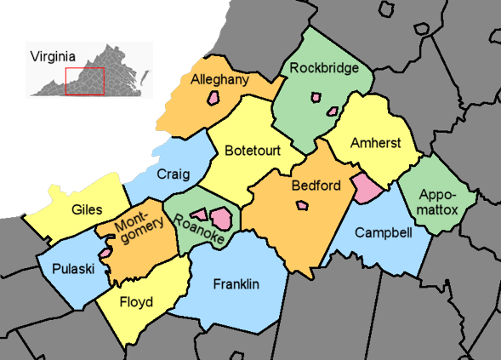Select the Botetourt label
coord(253,151)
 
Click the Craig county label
coord(174,174)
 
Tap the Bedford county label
coord(316,186)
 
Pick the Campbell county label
coord(383,232)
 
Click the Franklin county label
coord(236,284)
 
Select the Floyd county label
coord(136,302)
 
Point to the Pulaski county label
coord(72,269)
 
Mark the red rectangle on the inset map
coord(84,81)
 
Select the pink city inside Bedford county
coord(302,205)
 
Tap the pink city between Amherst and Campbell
coord(367,186)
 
